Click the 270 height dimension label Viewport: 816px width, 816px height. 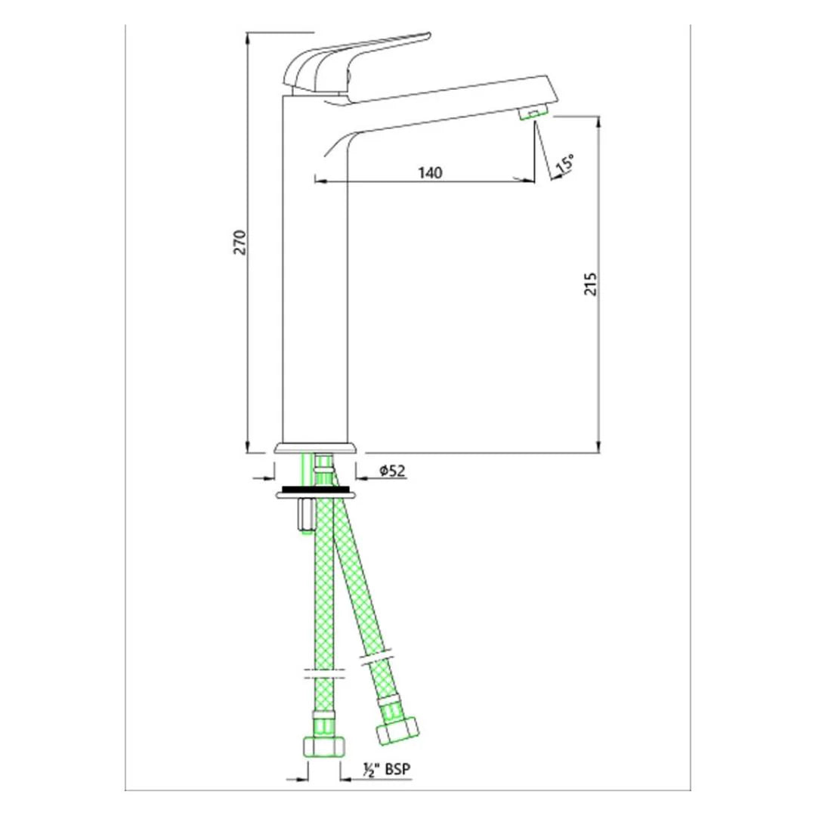pyautogui.click(x=240, y=241)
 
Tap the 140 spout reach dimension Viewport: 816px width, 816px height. pyautogui.click(x=428, y=172)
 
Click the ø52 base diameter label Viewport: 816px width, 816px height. pyautogui.click(x=393, y=471)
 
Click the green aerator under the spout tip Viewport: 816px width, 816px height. pyautogui.click(x=533, y=113)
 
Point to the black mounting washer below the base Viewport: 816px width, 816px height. pyautogui.click(x=316, y=490)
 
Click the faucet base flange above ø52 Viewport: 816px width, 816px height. pyautogui.click(x=316, y=447)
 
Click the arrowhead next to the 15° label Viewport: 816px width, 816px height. pyautogui.click(x=556, y=177)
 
